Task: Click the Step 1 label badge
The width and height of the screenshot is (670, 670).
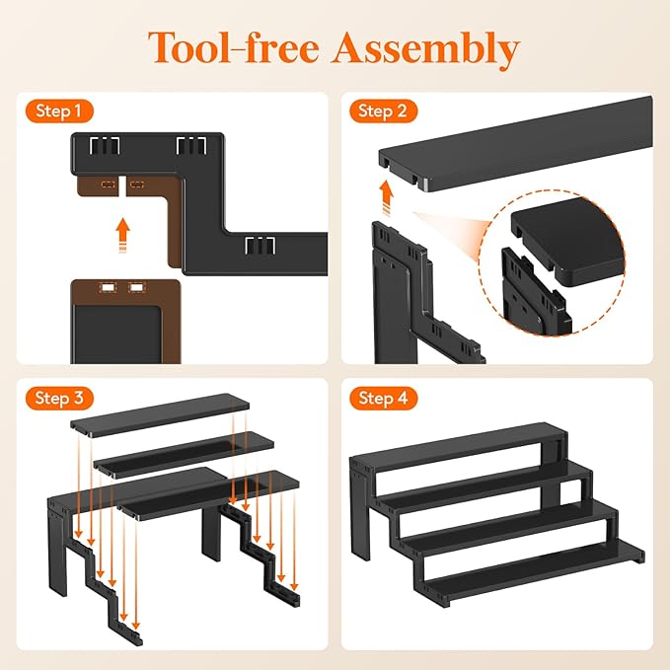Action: [59, 112]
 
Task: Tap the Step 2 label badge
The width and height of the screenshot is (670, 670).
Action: [383, 112]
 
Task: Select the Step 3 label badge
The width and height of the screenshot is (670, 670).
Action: [59, 399]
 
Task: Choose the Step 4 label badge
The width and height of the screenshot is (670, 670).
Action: [383, 399]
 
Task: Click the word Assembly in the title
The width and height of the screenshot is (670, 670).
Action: [426, 49]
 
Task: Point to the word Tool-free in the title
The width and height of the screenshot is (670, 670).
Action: [234, 47]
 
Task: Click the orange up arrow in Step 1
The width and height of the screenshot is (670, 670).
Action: [123, 236]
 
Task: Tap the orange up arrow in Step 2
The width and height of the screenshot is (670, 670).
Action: [387, 198]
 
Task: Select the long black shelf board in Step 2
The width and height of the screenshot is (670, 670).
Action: [516, 144]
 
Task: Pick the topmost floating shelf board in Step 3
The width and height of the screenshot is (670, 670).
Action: [160, 415]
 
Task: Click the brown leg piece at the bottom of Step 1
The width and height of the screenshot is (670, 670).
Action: [125, 322]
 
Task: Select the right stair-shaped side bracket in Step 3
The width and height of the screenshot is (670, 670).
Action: [260, 556]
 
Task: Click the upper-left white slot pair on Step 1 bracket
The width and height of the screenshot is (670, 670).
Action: [105, 146]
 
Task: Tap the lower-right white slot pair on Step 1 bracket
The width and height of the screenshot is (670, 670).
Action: [260, 246]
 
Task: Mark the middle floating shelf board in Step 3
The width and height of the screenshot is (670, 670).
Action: [184, 455]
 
